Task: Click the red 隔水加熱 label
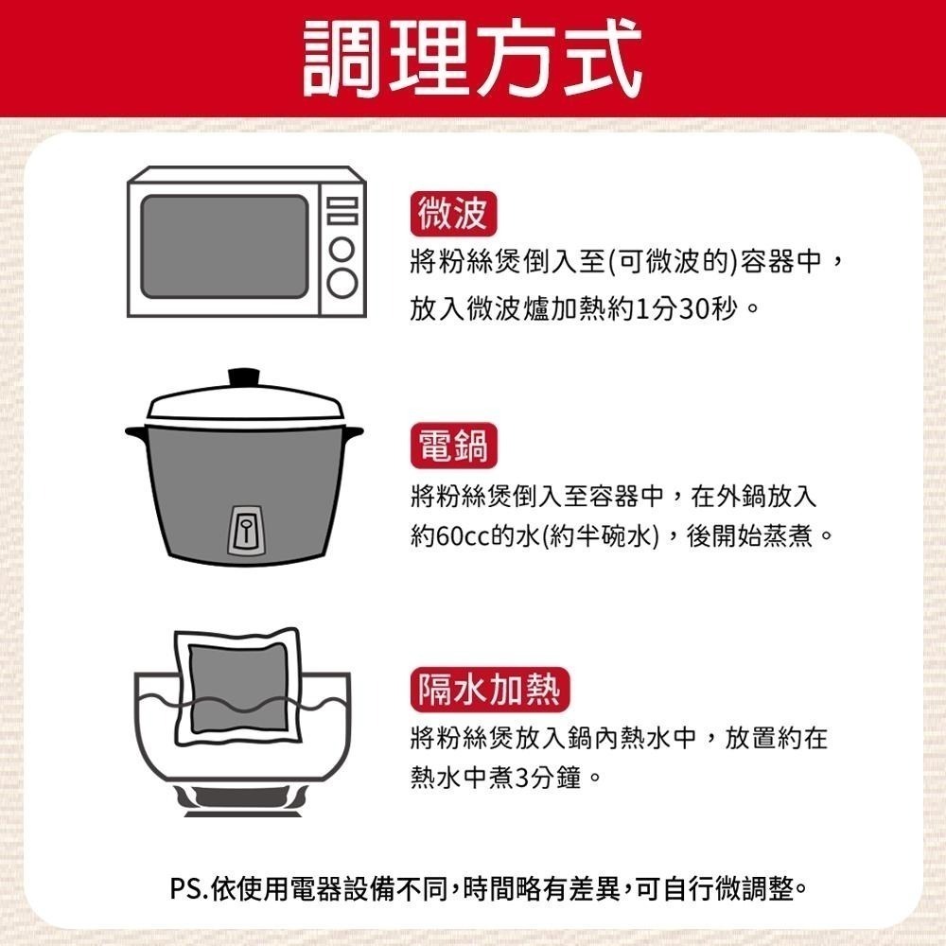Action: (x=489, y=690)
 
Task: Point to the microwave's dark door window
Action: (x=224, y=246)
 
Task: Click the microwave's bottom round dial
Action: (x=342, y=282)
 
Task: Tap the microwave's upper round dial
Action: (x=342, y=252)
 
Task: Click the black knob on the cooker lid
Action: (x=245, y=376)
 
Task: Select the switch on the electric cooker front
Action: (x=246, y=528)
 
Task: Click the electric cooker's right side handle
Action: (x=352, y=432)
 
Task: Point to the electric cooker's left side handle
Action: (x=137, y=433)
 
